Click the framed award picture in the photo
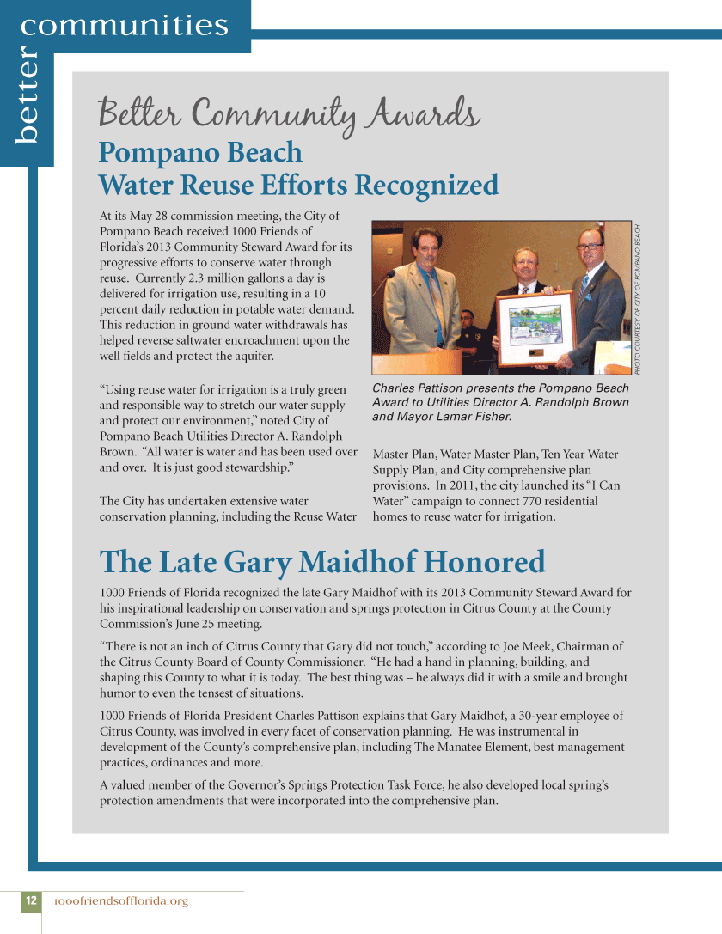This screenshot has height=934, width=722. (x=535, y=327)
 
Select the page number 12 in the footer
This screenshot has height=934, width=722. (x=30, y=900)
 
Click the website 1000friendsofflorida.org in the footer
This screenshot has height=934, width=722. (x=120, y=901)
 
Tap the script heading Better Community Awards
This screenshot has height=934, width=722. (x=289, y=113)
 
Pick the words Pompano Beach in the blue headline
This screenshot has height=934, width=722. (x=200, y=152)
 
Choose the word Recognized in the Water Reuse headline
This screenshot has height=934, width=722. (x=426, y=185)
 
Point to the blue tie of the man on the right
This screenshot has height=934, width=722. (x=584, y=284)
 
